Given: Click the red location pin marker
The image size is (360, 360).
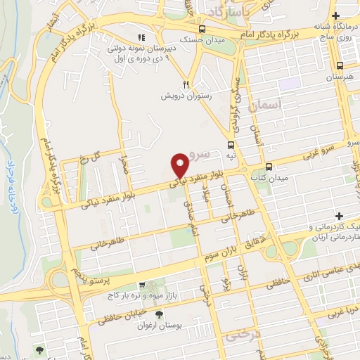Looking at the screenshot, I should point(180,165).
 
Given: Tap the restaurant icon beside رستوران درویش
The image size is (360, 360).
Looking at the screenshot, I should point(186,82).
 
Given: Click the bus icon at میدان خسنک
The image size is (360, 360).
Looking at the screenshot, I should point(202,30).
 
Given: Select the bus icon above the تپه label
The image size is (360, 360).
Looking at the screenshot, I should point(231,144).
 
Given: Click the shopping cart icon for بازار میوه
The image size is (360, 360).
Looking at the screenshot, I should point(142,285).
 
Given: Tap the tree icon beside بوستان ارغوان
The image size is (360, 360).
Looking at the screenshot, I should point(159,315).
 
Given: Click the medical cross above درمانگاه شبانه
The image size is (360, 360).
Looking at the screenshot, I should point(336,16).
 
